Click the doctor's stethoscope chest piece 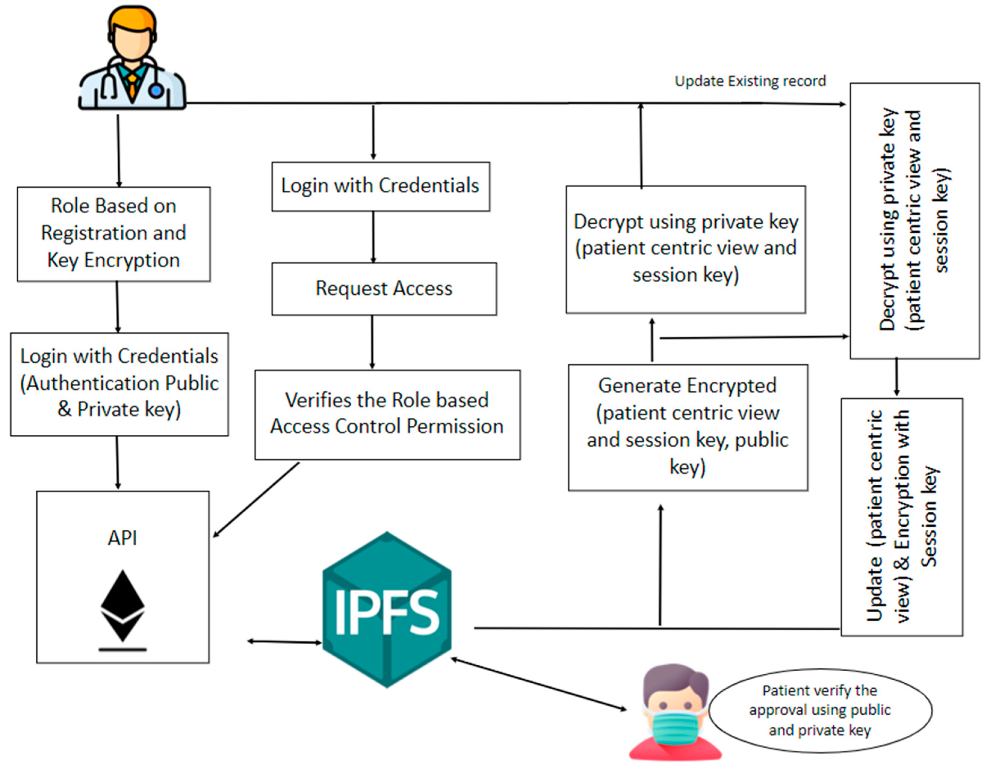tap(156, 90)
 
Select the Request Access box tap(384, 289)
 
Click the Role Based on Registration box tap(113, 234)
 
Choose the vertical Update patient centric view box tap(901, 517)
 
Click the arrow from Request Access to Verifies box tap(372, 342)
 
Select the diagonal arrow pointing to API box tap(256, 500)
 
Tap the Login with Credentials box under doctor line tap(380, 186)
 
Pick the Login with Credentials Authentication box tap(119, 384)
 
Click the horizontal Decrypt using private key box tap(685, 249)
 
